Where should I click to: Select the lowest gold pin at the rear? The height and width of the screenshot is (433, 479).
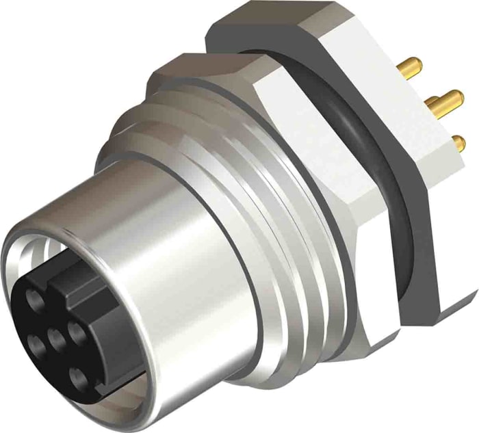tap(458, 143)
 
